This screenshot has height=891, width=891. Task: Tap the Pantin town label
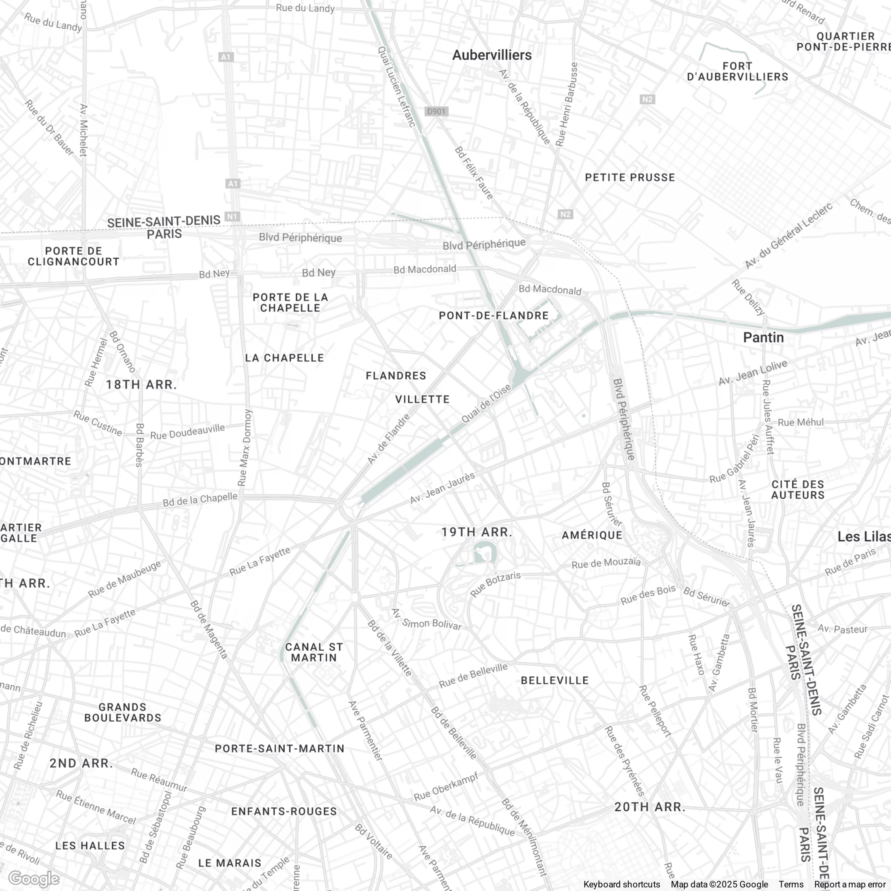(x=763, y=338)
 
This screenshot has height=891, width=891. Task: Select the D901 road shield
(x=436, y=111)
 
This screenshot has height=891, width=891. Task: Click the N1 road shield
(x=232, y=216)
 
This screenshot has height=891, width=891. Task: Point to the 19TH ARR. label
(x=477, y=532)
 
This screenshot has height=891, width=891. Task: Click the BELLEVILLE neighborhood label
(x=555, y=681)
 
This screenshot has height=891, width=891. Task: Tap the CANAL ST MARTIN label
(x=314, y=652)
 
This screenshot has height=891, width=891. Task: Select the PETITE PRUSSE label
(x=630, y=178)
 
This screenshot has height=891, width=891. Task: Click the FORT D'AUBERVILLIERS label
(x=738, y=71)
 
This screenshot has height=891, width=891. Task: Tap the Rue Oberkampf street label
(x=446, y=787)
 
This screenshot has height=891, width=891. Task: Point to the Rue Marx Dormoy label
(x=245, y=447)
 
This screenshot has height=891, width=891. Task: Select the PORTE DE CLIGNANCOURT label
(x=74, y=256)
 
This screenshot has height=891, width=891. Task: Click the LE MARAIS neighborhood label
(x=230, y=863)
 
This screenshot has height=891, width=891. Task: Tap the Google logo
(x=34, y=879)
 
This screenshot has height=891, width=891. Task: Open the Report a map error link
(x=850, y=885)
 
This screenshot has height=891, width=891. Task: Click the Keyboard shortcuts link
(x=622, y=885)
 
